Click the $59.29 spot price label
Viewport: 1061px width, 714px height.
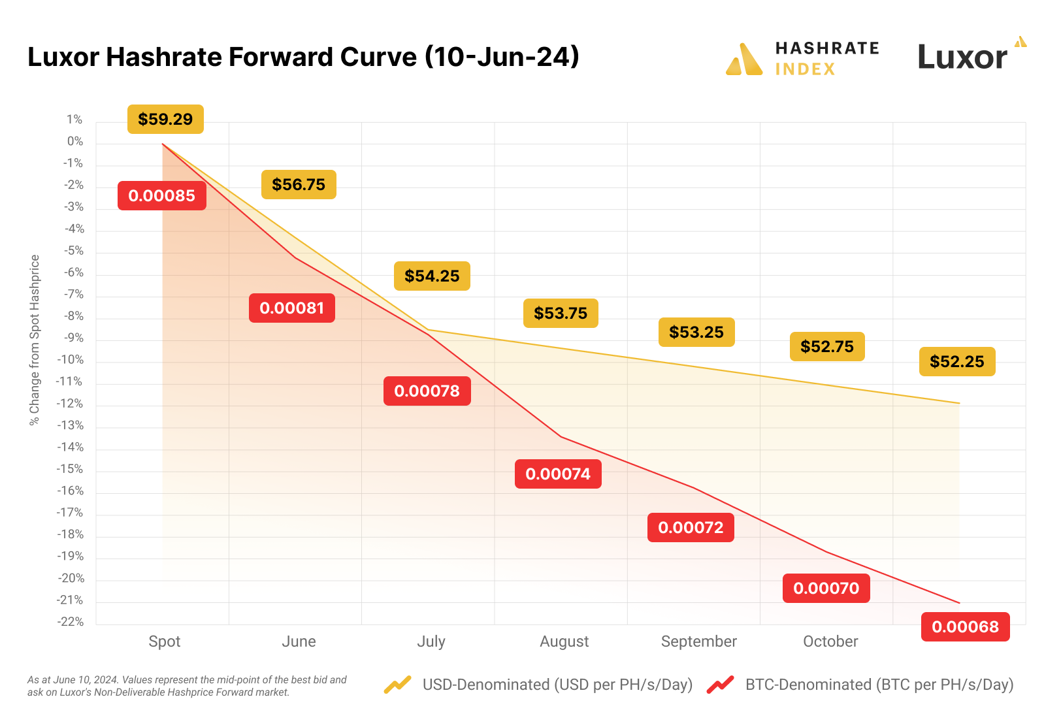click(165, 120)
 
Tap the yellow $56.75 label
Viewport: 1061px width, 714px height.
click(299, 185)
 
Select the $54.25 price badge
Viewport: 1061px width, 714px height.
click(432, 276)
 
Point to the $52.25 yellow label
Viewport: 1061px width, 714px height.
click(957, 362)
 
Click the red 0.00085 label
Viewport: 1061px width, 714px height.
click(162, 196)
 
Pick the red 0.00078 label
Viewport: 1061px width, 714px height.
click(427, 391)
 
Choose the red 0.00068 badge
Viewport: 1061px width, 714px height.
click(965, 627)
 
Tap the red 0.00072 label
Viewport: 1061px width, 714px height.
click(691, 528)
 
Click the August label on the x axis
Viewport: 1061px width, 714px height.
click(564, 641)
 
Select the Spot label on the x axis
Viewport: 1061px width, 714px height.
click(165, 641)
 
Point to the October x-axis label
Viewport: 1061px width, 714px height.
click(830, 641)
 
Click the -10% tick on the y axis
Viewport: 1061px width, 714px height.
click(71, 360)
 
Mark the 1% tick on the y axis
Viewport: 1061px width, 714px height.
click(74, 120)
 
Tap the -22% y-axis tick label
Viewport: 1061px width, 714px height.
click(71, 622)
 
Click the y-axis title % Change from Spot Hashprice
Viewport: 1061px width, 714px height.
click(35, 340)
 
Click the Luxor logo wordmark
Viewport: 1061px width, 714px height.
click(962, 57)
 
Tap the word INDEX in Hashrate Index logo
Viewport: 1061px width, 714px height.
click(805, 69)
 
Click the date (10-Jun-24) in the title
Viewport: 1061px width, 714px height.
click(502, 57)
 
